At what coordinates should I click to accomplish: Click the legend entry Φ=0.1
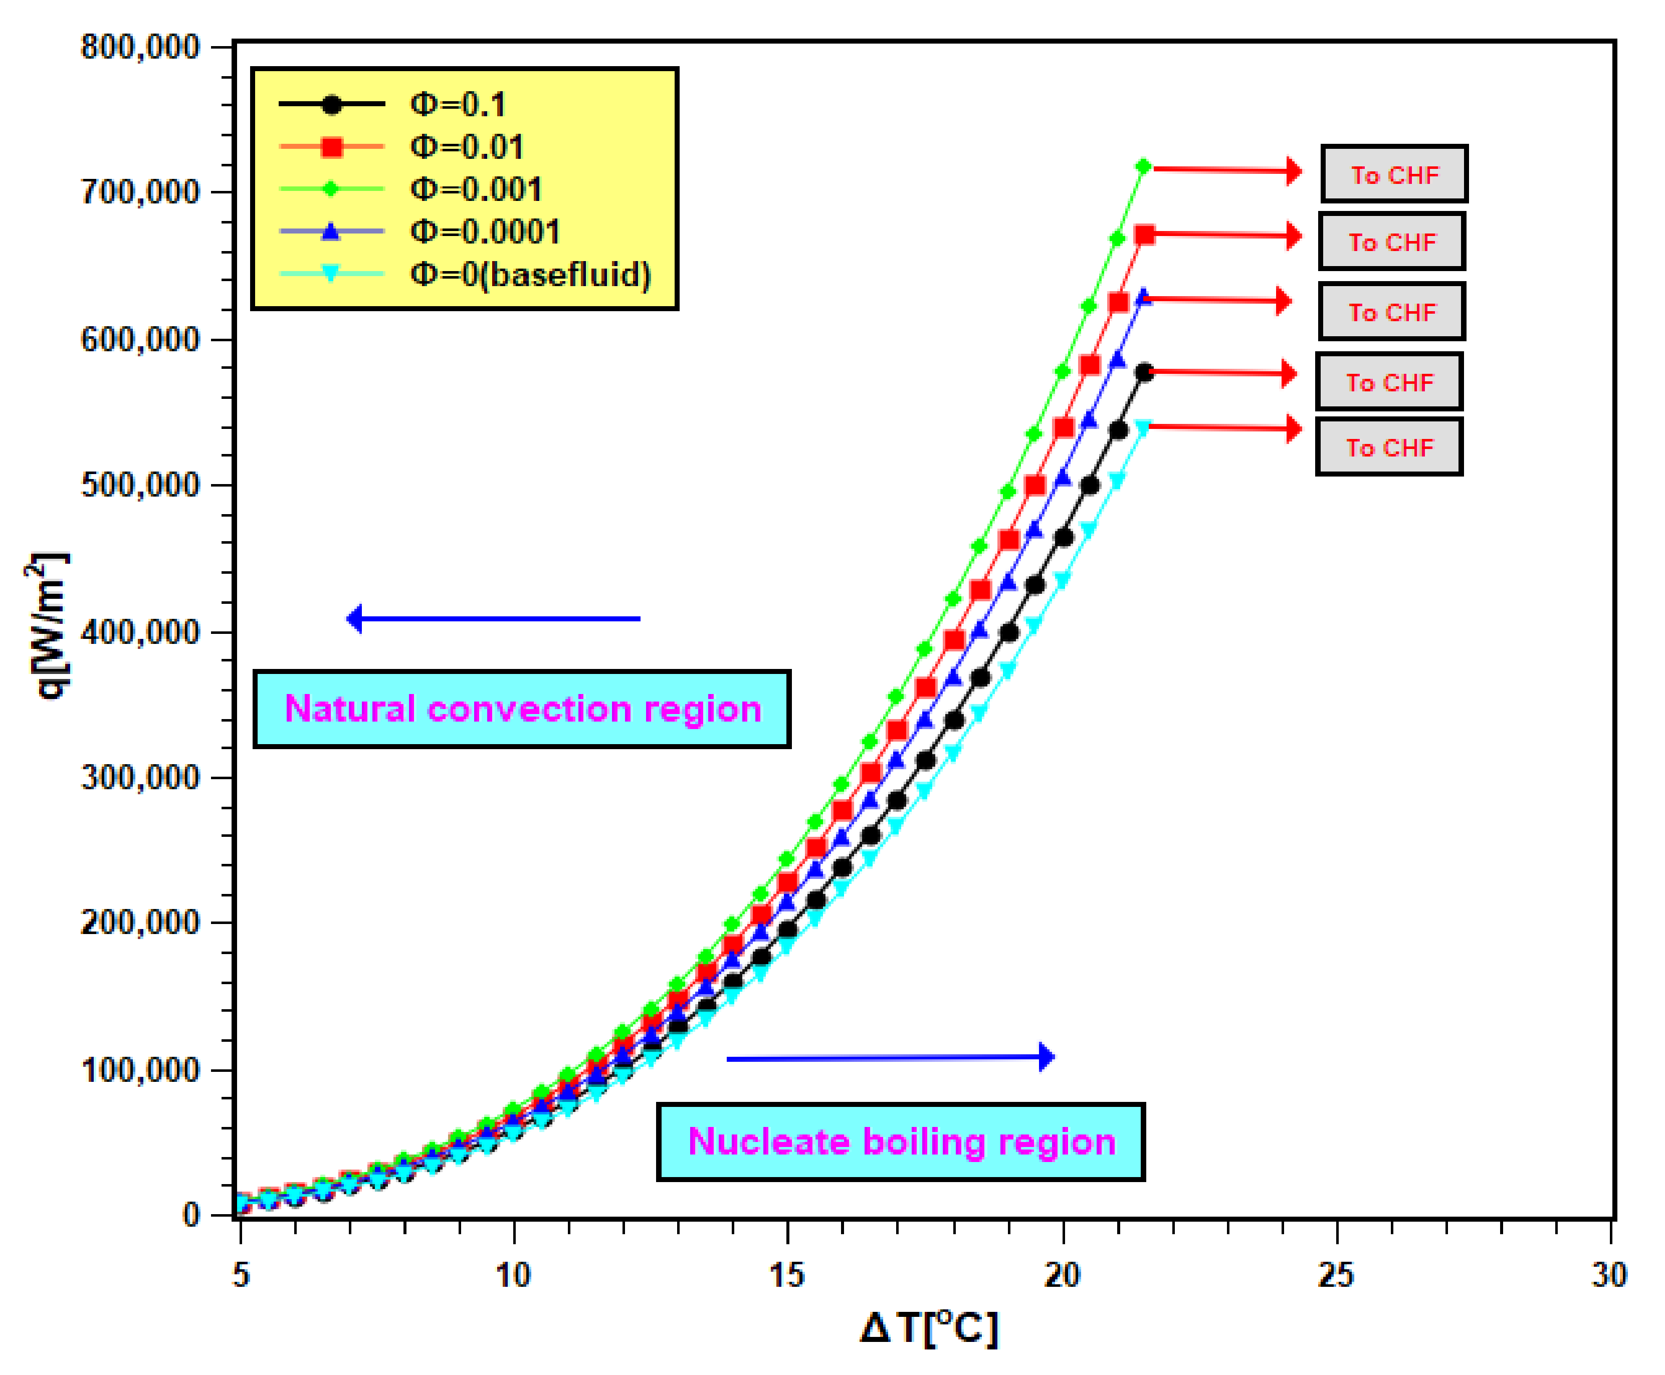coord(457,104)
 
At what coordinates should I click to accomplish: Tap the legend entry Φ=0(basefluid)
coord(529,275)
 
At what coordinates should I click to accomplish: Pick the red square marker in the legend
coord(331,146)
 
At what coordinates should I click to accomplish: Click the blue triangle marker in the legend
coord(331,232)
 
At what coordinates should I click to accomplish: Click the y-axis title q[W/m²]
coord(48,626)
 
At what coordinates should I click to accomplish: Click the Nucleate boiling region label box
coord(901,1141)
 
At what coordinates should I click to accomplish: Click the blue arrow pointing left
coord(493,618)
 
